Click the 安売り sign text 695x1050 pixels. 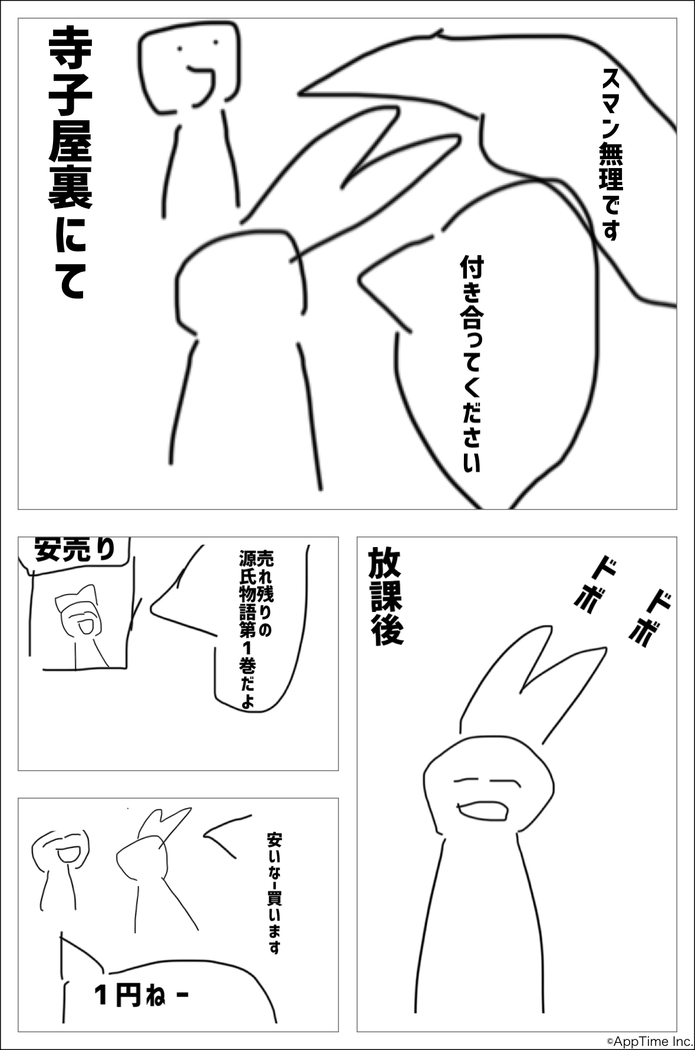coord(75,549)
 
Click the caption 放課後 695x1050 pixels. coord(386,596)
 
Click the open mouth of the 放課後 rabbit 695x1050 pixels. coord(483,809)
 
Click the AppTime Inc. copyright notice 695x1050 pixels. coord(650,1042)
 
